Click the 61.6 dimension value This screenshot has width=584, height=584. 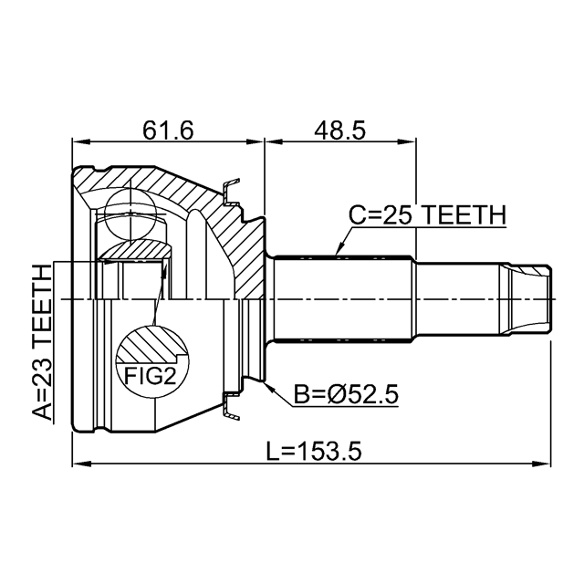pyautogui.click(x=168, y=130)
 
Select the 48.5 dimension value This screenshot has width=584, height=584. pyautogui.click(x=339, y=130)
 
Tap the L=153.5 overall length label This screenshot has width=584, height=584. pyautogui.click(x=314, y=451)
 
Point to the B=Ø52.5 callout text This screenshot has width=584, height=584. pyautogui.click(x=346, y=394)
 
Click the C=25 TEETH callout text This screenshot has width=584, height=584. pyautogui.click(x=428, y=215)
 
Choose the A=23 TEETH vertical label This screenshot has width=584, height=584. pyautogui.click(x=41, y=342)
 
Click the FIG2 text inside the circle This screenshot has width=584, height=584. pyautogui.click(x=150, y=375)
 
